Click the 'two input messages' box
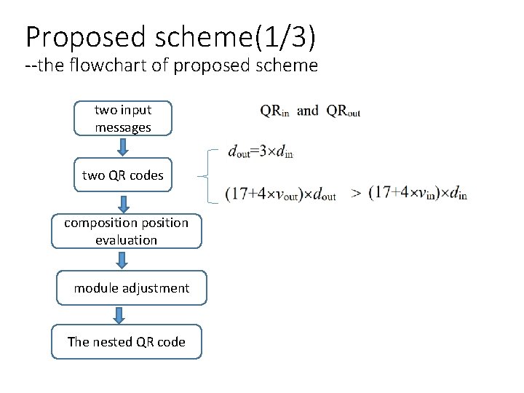pyautogui.click(x=123, y=119)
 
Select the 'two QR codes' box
pyautogui.click(x=123, y=175)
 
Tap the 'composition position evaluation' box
pyautogui.click(x=126, y=231)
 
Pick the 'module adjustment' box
pyautogui.click(x=131, y=287)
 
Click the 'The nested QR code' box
pyautogui.click(x=126, y=341)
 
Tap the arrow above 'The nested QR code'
pyautogui.click(x=120, y=314)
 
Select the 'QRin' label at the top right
pyautogui.click(x=274, y=111)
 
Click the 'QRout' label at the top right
pyautogui.click(x=344, y=111)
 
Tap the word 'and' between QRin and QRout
pyautogui.click(x=308, y=111)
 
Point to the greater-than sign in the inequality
pyautogui.click(x=356, y=193)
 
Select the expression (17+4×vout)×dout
pyautogui.click(x=280, y=194)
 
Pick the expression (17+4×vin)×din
pyautogui.click(x=417, y=194)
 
